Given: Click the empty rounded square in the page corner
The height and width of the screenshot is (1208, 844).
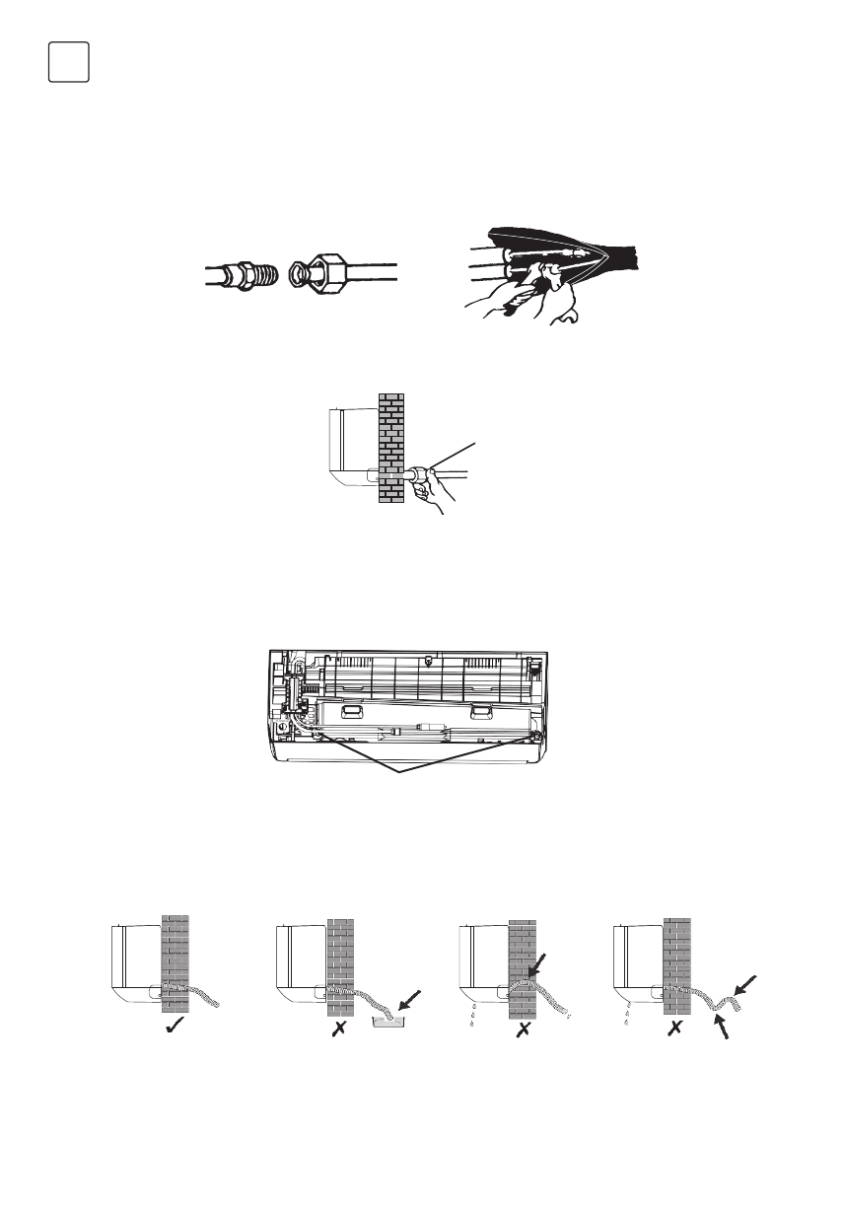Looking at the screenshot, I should coord(68,62).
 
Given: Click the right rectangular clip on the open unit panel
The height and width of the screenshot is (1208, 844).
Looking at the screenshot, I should coord(481,710).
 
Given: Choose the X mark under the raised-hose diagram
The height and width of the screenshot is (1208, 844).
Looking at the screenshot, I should coord(525,1029).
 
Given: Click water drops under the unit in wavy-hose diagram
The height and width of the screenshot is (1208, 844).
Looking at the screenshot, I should coord(627,1016).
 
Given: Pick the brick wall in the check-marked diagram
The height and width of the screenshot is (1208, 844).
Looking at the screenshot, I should coord(175,947).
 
